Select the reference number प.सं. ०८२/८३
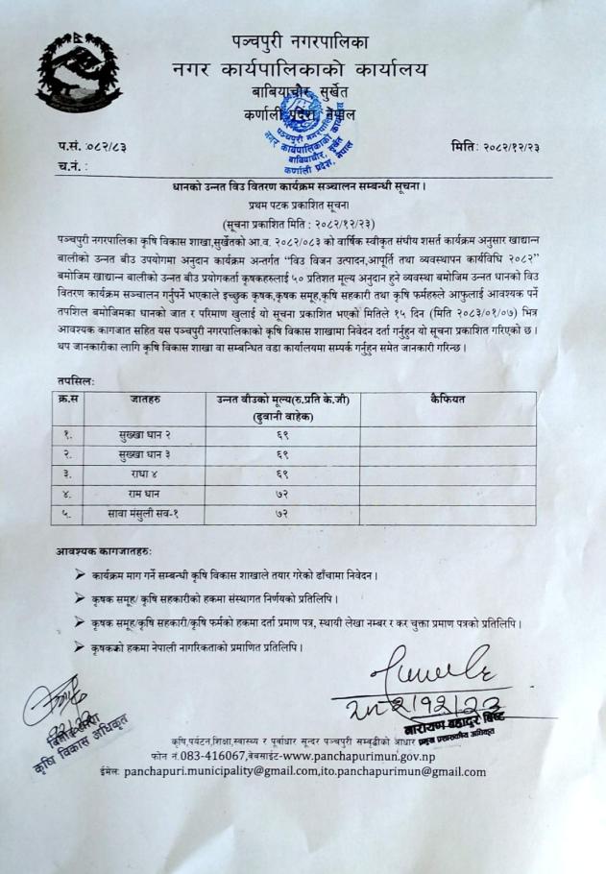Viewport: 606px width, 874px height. pos(93,146)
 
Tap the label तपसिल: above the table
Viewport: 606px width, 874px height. pos(74,380)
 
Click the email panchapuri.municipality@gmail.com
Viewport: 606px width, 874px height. pos(241,771)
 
